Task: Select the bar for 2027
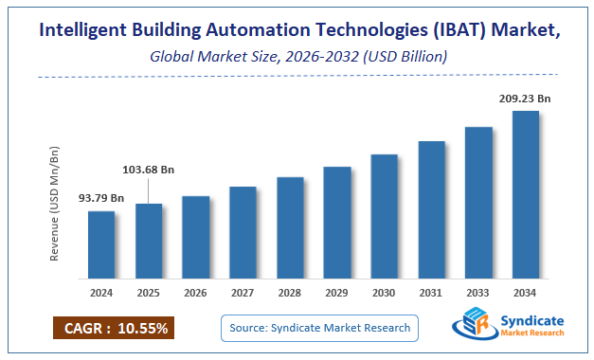pos(243,232)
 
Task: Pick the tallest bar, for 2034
pos(525,194)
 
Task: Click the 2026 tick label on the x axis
pos(195,292)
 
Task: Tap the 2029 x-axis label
pos(336,292)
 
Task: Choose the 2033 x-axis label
pos(477,292)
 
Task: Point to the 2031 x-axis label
pos(431,292)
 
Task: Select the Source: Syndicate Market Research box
pos(319,328)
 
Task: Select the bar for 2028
pos(290,227)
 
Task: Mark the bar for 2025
pos(149,241)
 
